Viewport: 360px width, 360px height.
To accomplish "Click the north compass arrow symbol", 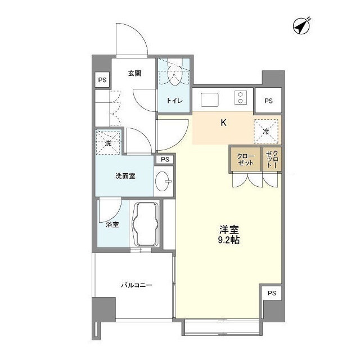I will click(303, 26).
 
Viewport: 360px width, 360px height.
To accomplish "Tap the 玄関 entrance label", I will click(134, 73).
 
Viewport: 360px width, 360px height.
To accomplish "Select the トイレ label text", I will click(173, 101).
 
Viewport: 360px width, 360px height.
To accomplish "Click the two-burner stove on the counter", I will click(240, 98).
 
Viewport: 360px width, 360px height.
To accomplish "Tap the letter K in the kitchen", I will click(223, 123).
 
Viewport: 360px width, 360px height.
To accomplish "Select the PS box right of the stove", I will click(268, 101).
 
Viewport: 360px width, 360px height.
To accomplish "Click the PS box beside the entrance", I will click(102, 80).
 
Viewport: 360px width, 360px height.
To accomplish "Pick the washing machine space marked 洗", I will click(108, 142).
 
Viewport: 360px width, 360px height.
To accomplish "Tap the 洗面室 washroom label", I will click(125, 176).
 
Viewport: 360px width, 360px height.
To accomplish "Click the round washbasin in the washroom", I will click(164, 181).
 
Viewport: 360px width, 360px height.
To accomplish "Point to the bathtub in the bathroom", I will click(146, 224).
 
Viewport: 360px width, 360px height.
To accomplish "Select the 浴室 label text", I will click(112, 225).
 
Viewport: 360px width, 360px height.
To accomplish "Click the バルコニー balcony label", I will click(137, 285).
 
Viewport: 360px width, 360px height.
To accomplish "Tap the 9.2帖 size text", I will click(229, 240).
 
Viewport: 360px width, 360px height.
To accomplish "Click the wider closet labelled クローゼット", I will click(245, 159).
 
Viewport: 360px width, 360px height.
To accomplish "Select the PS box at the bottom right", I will click(272, 293).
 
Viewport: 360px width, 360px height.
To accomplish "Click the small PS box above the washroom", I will click(164, 160).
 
